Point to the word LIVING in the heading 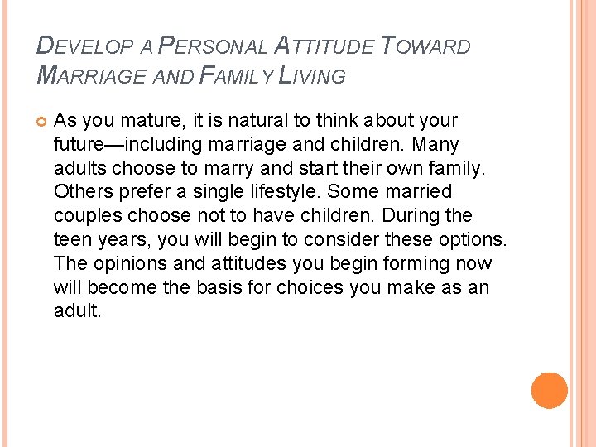tap(312, 76)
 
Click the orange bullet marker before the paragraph tap(41, 122)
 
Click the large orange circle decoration tap(549, 391)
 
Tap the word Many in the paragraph tap(435, 144)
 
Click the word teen tap(71, 240)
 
